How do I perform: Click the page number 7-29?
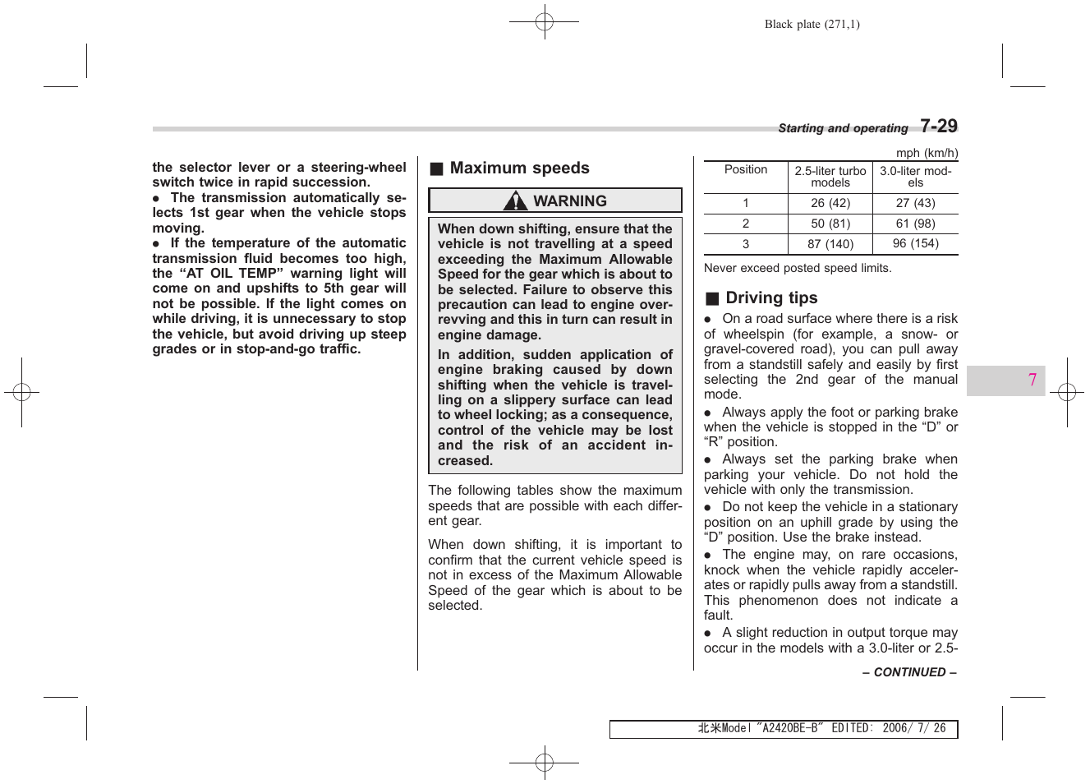pos(938,126)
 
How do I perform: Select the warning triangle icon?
pos(516,201)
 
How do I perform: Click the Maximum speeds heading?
pos(519,168)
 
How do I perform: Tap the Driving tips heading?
pos(771,298)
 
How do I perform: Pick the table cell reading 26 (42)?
pos(830,203)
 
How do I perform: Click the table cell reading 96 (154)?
pos(915,244)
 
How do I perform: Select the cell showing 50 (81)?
pos(830,224)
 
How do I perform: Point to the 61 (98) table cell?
pos(915,224)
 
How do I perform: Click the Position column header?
pos(745,170)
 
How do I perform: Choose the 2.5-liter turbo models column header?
pos(830,177)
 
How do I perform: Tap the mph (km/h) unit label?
pos(927,153)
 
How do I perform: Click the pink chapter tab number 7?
pos(1032,380)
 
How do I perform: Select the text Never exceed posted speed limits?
pos(797,268)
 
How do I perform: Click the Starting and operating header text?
pos(843,128)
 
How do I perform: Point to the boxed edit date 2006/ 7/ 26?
pos(913,729)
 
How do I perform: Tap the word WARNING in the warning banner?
pos(570,201)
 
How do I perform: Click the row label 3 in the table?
pos(745,244)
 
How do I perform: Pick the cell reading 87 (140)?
pos(830,244)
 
